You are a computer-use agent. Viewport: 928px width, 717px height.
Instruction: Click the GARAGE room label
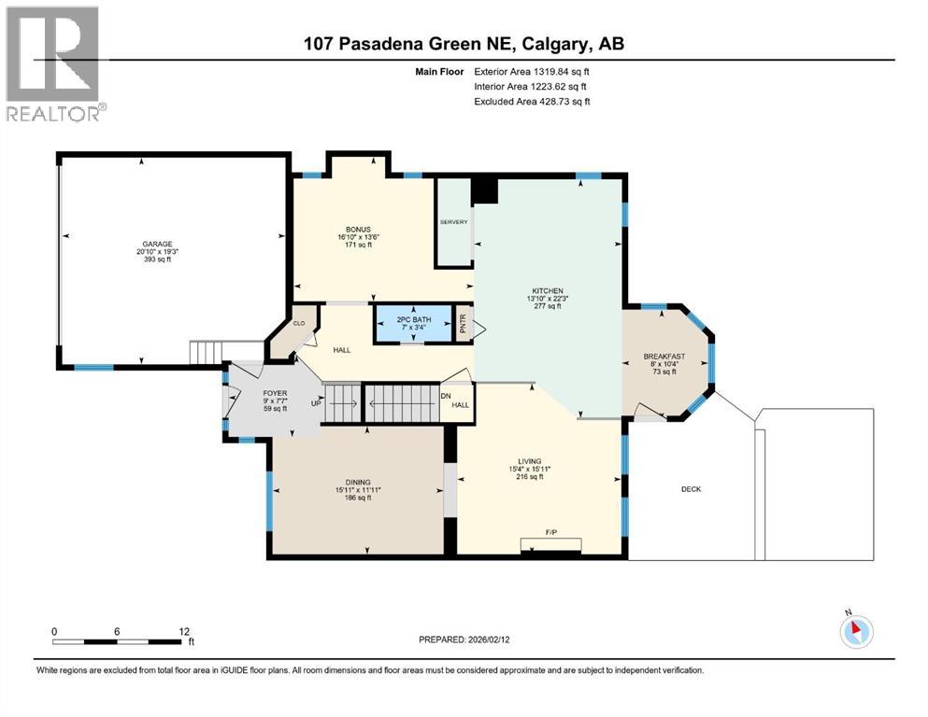157,244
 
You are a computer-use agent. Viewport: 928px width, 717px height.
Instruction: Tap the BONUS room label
358,230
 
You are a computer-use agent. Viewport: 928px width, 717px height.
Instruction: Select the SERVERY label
453,222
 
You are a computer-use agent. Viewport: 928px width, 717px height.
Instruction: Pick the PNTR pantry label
463,324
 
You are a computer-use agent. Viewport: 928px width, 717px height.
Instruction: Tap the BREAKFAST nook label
664,357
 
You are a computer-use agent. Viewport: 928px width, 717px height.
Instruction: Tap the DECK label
691,489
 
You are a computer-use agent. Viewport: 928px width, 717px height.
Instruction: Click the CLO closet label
299,323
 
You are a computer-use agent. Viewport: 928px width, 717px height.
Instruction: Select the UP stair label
317,403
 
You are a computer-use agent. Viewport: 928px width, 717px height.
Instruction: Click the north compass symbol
855,631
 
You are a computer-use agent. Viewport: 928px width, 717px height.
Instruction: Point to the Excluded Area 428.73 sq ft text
532,102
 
